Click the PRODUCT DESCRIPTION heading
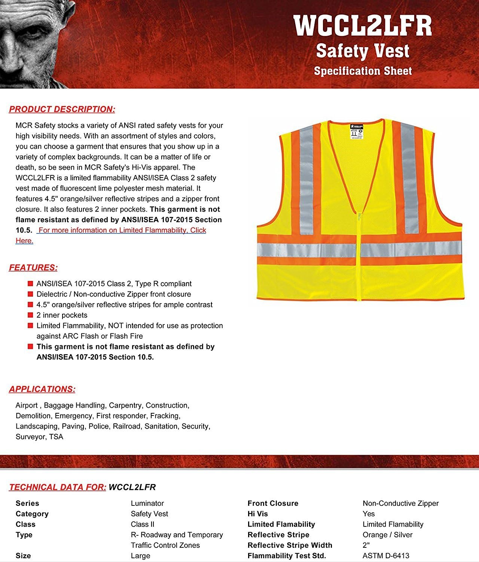pyautogui.click(x=62, y=109)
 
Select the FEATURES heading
pyautogui.click(x=33, y=268)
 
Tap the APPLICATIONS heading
pyautogui.click(x=42, y=389)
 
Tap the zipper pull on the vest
pyautogui.click(x=359, y=217)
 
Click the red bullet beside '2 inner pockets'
pyautogui.click(x=30, y=315)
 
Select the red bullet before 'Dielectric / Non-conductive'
pyautogui.click(x=30, y=294)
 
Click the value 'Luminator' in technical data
pyautogui.click(x=147, y=503)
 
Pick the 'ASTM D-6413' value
pyautogui.click(x=386, y=556)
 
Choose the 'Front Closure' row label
pyautogui.click(x=273, y=503)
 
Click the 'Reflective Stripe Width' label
pyautogui.click(x=290, y=545)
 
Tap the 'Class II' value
pyautogui.click(x=143, y=524)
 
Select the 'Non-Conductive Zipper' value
pyautogui.click(x=400, y=503)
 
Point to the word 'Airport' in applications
pyautogui.click(x=27, y=405)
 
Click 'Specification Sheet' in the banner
pyautogui.click(x=363, y=71)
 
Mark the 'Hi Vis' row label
pyautogui.click(x=257, y=514)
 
